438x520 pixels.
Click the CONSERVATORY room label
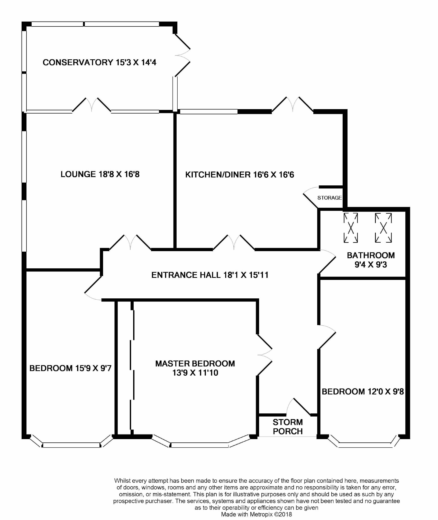[x=99, y=62]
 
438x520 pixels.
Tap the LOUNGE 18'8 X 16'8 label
[x=100, y=174]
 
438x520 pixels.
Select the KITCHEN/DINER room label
[x=240, y=175]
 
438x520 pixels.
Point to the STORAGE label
[x=330, y=198]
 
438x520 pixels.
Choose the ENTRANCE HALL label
[x=210, y=275]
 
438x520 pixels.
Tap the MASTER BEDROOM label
[x=195, y=368]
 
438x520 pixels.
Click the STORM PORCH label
[x=288, y=427]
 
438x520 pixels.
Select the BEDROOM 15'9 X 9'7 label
[x=70, y=368]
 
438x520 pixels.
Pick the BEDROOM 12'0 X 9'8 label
[x=363, y=392]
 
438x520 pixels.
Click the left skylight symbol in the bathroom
[x=351, y=228]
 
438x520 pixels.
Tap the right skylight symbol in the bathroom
[x=383, y=228]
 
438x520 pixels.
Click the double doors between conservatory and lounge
[x=92, y=105]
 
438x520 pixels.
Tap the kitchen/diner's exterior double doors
[x=293, y=105]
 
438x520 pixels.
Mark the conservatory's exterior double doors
[x=183, y=55]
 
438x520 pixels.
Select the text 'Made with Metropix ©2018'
[x=257, y=514]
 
